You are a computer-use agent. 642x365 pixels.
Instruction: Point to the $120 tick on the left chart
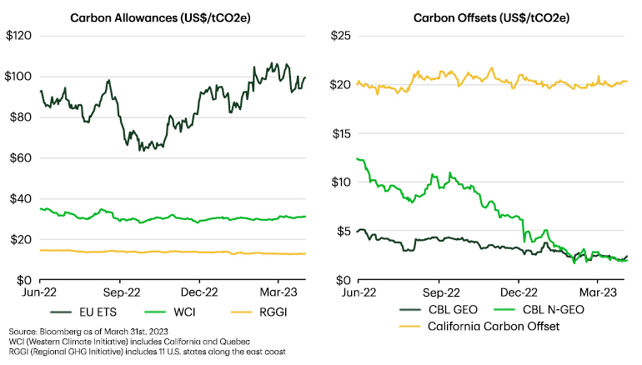[18, 36]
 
